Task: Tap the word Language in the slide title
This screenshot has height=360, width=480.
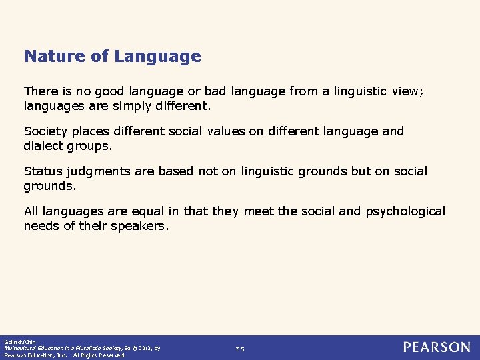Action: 157,57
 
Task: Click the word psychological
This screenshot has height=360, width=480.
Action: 405,212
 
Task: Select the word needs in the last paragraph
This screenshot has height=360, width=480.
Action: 41,225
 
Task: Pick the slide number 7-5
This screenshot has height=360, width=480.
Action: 240,349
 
